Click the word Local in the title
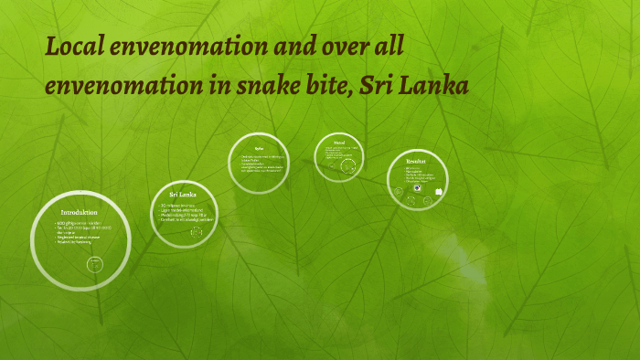point(75,47)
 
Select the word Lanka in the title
point(440,87)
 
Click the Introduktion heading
point(80,212)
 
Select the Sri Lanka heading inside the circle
point(183,195)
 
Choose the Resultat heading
point(416,162)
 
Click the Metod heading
point(339,143)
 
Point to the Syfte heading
point(259,146)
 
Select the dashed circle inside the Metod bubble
point(348,165)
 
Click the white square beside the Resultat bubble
point(440,192)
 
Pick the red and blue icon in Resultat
point(417,188)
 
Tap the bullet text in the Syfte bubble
point(259,164)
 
